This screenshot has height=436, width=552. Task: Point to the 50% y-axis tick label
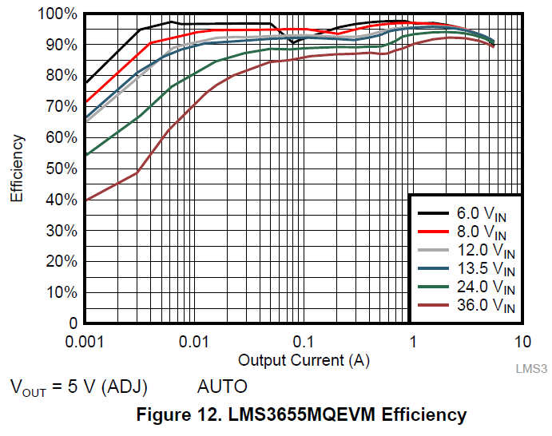61,169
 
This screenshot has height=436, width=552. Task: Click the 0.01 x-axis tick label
193,342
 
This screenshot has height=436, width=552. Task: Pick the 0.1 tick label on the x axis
303,342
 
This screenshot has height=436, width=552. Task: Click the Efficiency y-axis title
17,168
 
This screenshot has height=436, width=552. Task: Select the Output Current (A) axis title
304,360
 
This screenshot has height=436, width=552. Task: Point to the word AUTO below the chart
222,387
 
